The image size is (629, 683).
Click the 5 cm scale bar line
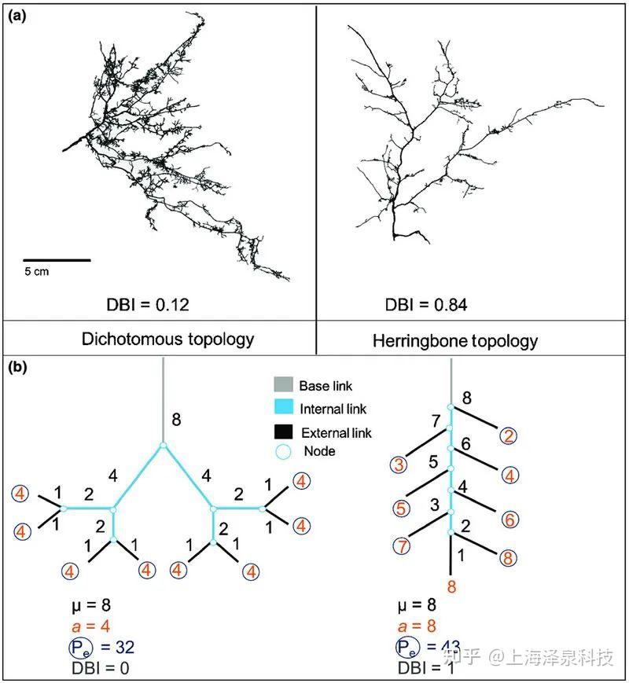pyautogui.click(x=57, y=260)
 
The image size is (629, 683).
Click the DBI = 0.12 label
pyautogui.click(x=148, y=304)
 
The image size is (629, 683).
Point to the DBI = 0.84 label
pyautogui.click(x=426, y=304)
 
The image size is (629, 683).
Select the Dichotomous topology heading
pyautogui.click(x=167, y=340)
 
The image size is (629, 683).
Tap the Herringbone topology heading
pyautogui.click(x=455, y=340)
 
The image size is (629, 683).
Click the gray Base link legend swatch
pyautogui.click(x=283, y=384)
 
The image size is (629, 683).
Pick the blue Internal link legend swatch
pyautogui.click(x=283, y=407)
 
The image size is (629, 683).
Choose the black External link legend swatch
pyautogui.click(x=283, y=431)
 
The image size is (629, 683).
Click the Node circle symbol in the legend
pyautogui.click(x=283, y=452)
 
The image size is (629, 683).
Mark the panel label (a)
pyautogui.click(x=17, y=17)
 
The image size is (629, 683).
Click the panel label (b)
pyautogui.click(x=17, y=367)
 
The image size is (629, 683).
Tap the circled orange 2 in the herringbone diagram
pyautogui.click(x=508, y=435)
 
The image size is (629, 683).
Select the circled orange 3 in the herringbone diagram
pyautogui.click(x=399, y=465)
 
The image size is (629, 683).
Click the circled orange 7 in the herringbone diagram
pyautogui.click(x=402, y=545)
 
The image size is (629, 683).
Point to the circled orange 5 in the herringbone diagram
pyautogui.click(x=401, y=509)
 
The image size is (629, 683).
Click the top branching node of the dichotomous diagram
pyautogui.click(x=163, y=445)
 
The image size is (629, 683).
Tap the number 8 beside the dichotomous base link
pyautogui.click(x=176, y=420)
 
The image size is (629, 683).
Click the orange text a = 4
pyautogui.click(x=90, y=626)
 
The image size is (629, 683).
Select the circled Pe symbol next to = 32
pyautogui.click(x=80, y=648)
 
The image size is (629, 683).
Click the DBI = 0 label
pyautogui.click(x=101, y=668)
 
